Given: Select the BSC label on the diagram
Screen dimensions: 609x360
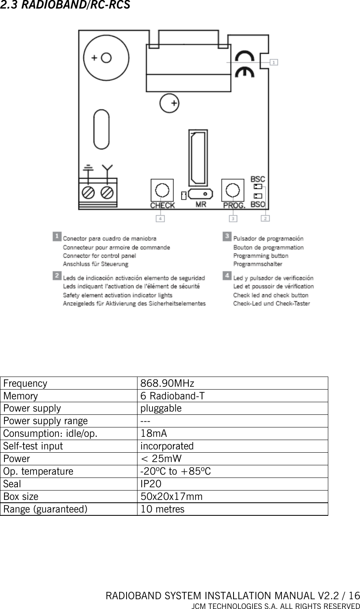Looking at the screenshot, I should coord(257,179).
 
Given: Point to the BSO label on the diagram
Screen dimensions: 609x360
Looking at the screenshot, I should coord(257,204).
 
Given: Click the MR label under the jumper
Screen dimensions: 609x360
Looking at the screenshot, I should coord(201,204).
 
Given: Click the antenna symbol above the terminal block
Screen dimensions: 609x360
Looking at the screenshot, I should coord(107,168).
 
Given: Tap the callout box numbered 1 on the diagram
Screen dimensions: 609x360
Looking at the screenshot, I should coord(275,62).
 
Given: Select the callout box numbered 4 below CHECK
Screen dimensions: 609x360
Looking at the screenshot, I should coord(161,219).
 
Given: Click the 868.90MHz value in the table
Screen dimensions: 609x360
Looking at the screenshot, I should coord(167,383).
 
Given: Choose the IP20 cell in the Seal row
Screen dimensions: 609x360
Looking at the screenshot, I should coord(151,484).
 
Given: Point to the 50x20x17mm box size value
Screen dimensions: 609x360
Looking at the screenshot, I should coord(171,497).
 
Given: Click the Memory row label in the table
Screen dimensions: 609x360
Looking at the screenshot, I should coord(20,396).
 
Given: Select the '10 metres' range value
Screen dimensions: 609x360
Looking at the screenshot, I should coord(162,509).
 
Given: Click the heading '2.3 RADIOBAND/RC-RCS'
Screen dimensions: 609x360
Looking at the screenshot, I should coord(65,6).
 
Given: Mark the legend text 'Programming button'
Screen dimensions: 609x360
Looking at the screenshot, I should coord(261,256).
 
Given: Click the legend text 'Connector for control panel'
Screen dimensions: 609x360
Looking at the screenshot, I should coord(99,256).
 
